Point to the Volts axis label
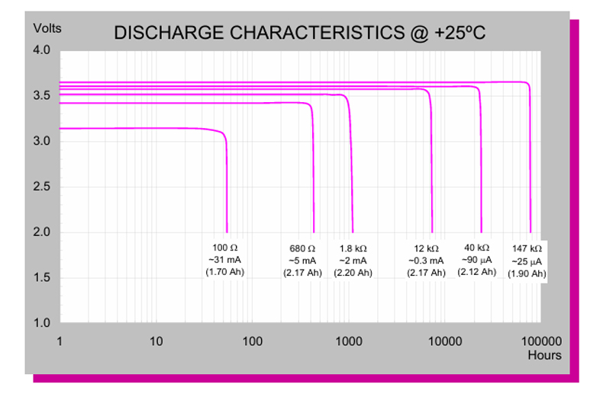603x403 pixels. pos(46,28)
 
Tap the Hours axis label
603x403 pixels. pos(544,355)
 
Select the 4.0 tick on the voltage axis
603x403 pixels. pos(41,50)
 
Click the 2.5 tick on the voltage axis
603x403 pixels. pos(41,187)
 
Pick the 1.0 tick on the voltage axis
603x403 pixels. pos(41,323)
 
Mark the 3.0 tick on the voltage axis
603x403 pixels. pos(41,141)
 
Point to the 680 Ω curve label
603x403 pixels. pos(302,248)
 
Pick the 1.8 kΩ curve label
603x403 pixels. pos(353,248)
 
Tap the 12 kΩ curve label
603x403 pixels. pos(426,248)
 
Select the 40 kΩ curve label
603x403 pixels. pos(479,248)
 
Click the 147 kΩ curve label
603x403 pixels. pos(527,248)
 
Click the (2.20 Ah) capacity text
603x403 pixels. pos(353,272)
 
